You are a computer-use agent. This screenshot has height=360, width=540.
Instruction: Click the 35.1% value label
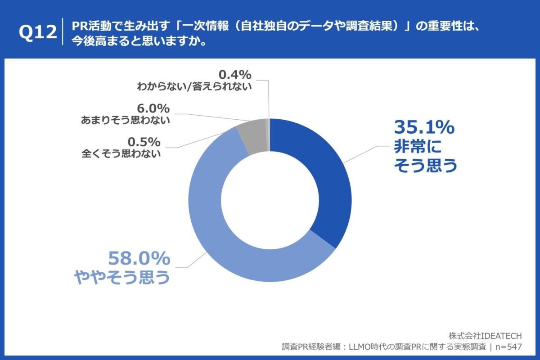click(x=424, y=128)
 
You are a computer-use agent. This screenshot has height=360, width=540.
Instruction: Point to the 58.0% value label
click(x=139, y=259)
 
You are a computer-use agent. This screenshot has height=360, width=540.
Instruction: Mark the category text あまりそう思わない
click(x=126, y=120)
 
